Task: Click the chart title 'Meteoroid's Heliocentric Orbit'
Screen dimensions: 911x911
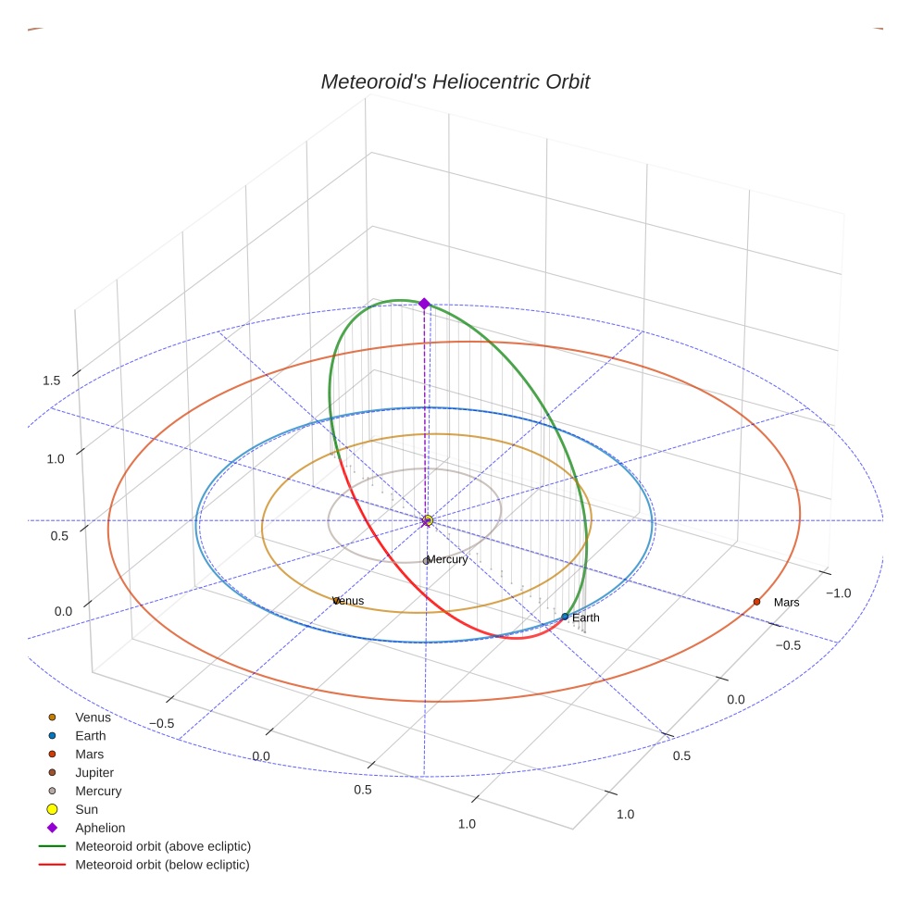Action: (x=455, y=81)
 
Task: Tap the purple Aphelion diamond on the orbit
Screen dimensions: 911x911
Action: (x=424, y=304)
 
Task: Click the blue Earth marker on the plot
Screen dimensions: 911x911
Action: (x=565, y=617)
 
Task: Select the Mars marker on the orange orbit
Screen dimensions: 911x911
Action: (x=756, y=602)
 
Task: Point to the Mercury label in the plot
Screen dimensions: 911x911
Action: (x=448, y=559)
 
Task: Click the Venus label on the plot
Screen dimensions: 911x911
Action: (x=349, y=601)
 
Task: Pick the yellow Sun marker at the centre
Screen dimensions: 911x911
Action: (x=428, y=520)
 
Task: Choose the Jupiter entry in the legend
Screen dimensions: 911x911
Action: (x=94, y=772)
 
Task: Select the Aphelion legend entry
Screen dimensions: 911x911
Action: (x=99, y=828)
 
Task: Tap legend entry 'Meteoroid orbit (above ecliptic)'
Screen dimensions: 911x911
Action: (x=162, y=846)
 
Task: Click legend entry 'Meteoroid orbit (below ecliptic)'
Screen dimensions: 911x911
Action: (x=162, y=865)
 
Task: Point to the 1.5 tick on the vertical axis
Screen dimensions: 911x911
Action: (x=51, y=381)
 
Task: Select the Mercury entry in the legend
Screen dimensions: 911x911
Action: (x=97, y=791)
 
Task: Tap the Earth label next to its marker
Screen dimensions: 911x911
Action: (x=586, y=618)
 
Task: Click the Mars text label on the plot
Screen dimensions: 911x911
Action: (x=786, y=603)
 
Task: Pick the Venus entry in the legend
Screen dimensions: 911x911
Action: (x=93, y=718)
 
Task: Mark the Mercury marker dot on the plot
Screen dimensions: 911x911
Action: (x=426, y=561)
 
